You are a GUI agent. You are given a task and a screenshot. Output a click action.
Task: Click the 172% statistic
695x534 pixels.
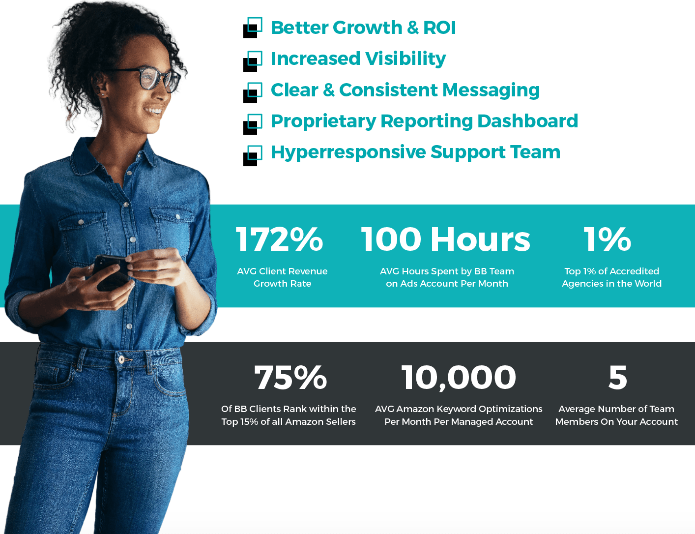coord(279,239)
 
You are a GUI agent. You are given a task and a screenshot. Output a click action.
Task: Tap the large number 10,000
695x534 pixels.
coord(459,378)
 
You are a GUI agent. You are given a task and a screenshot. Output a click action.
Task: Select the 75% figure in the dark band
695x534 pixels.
coord(290,377)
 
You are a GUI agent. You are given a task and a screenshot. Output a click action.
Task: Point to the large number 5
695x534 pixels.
coord(617,377)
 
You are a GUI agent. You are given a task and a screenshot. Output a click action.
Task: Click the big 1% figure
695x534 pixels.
coord(607,239)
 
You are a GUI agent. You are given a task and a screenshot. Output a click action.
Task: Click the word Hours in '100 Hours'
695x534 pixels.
coord(480,239)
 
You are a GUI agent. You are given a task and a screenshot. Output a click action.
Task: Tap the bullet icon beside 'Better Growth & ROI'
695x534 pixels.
coord(253,28)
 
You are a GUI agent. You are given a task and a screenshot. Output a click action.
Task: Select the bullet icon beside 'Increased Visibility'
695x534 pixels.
coord(253,61)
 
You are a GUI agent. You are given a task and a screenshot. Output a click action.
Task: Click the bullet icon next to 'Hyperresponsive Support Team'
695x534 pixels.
coord(253,155)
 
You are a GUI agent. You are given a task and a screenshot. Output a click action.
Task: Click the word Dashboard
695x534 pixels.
coord(527,121)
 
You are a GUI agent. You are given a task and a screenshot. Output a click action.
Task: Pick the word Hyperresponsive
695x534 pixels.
coord(348,152)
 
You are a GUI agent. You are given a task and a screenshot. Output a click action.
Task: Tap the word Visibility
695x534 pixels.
coord(405,59)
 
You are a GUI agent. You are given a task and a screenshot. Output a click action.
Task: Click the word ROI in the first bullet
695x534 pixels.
coord(439,28)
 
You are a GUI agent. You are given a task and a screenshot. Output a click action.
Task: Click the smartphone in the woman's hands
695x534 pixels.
coord(111,272)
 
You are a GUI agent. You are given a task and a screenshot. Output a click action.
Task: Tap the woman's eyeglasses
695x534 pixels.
coord(153,78)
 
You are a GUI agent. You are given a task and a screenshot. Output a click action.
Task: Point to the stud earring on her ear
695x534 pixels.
coord(103,94)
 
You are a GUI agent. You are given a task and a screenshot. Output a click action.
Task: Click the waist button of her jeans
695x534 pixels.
coord(121,359)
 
